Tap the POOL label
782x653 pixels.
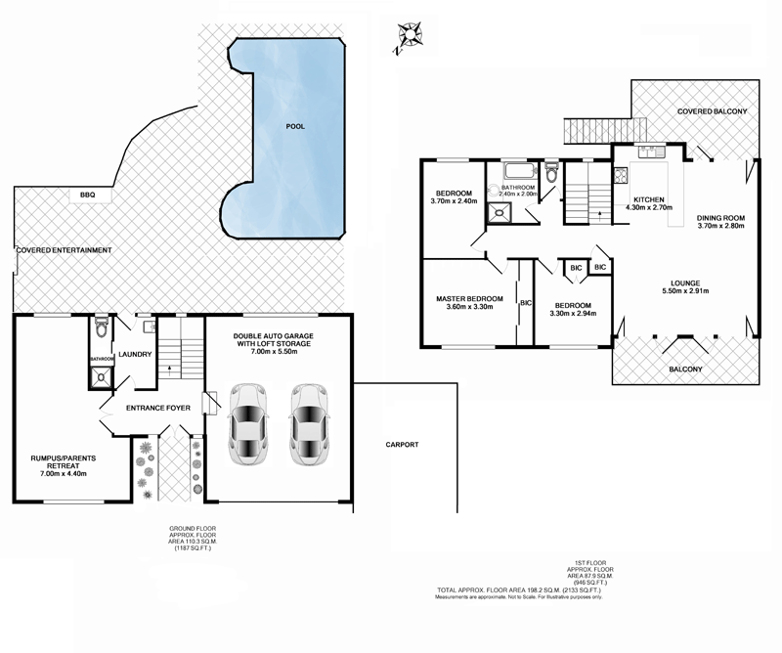[x=295, y=127]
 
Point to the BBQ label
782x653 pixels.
[x=88, y=196]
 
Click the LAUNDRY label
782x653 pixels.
[x=135, y=355]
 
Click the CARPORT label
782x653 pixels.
[x=401, y=445]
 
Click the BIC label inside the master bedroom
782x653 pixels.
[x=526, y=303]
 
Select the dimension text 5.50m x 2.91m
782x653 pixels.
[x=683, y=290]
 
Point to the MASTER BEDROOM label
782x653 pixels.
[x=469, y=298]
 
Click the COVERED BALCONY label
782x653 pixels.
[x=713, y=112]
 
